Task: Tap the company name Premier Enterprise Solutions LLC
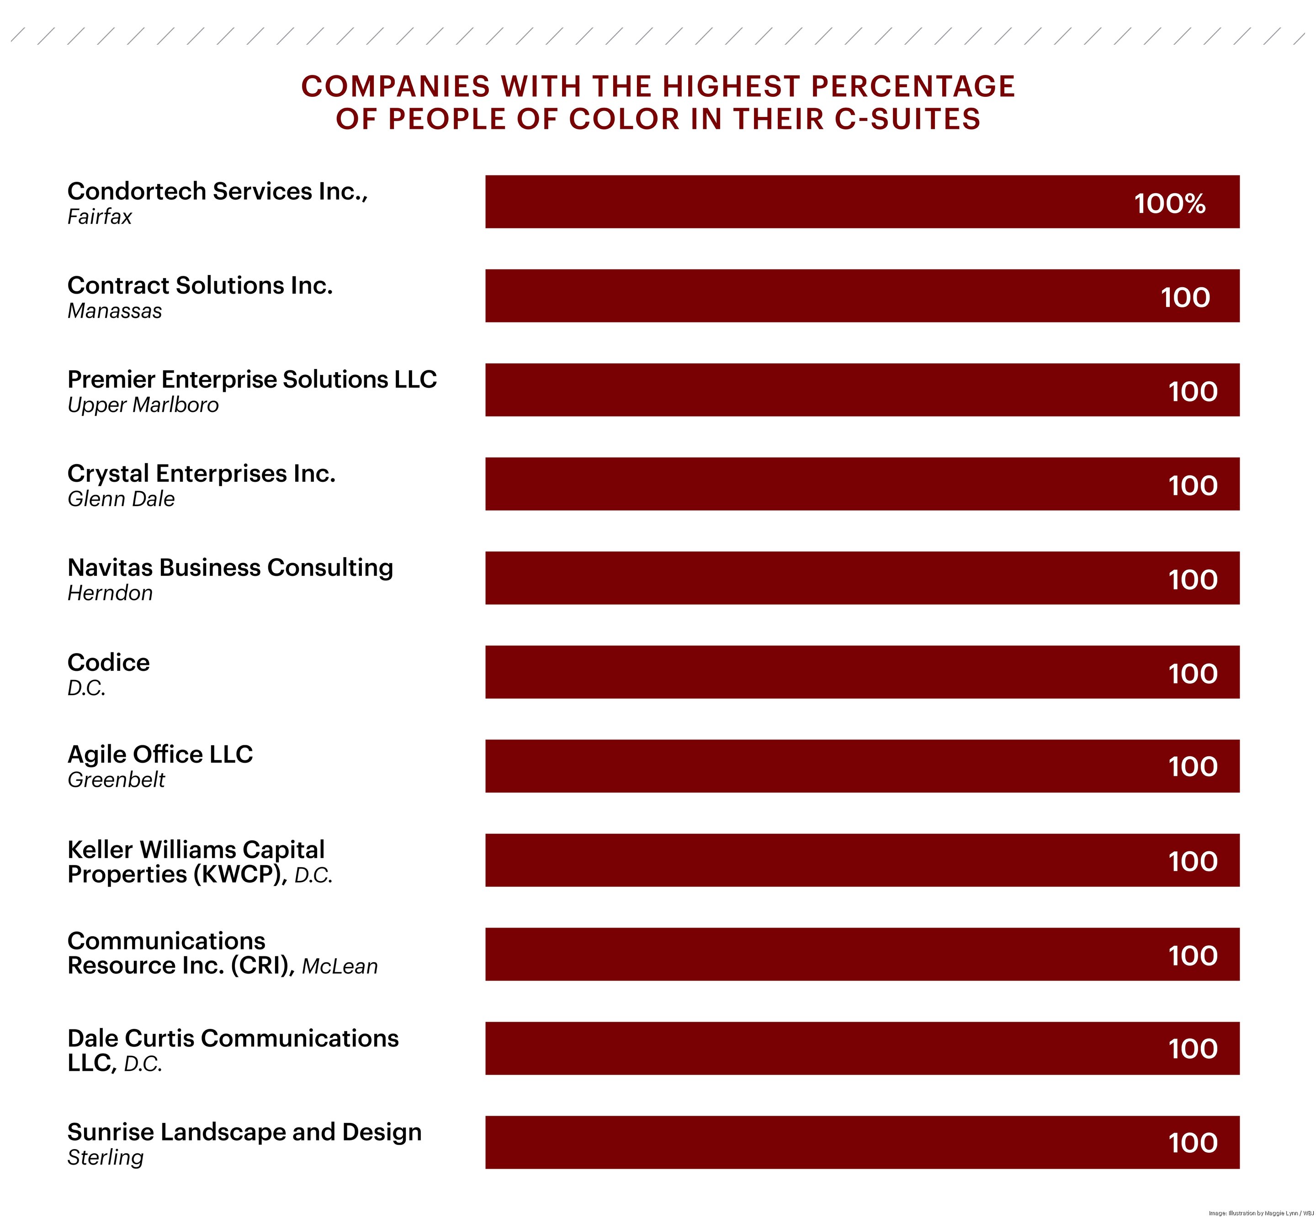252,380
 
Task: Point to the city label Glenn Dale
121,499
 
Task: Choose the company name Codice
108,662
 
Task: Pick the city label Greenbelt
116,780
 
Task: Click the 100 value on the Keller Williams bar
1192,861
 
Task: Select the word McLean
340,966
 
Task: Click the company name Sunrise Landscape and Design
244,1132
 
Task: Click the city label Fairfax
100,217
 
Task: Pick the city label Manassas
115,311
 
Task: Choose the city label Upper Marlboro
143,405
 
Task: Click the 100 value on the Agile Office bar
1192,766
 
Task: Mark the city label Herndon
110,593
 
